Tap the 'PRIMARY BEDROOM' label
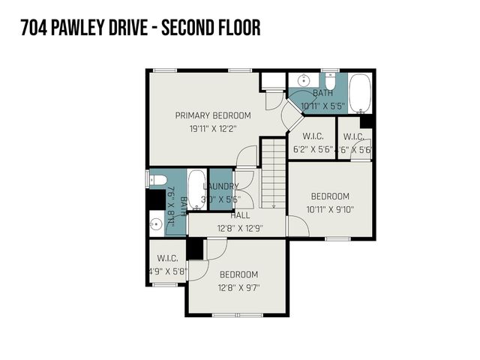tap(213, 115)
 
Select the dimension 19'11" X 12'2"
tap(213, 128)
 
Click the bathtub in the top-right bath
tap(360, 92)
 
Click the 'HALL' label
tap(240, 215)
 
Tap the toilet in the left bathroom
tap(158, 179)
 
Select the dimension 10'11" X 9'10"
tap(330, 209)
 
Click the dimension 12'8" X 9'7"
tap(238, 287)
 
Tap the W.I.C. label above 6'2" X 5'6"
tap(313, 136)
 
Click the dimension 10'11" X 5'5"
tap(322, 106)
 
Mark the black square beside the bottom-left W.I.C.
tap(195, 249)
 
